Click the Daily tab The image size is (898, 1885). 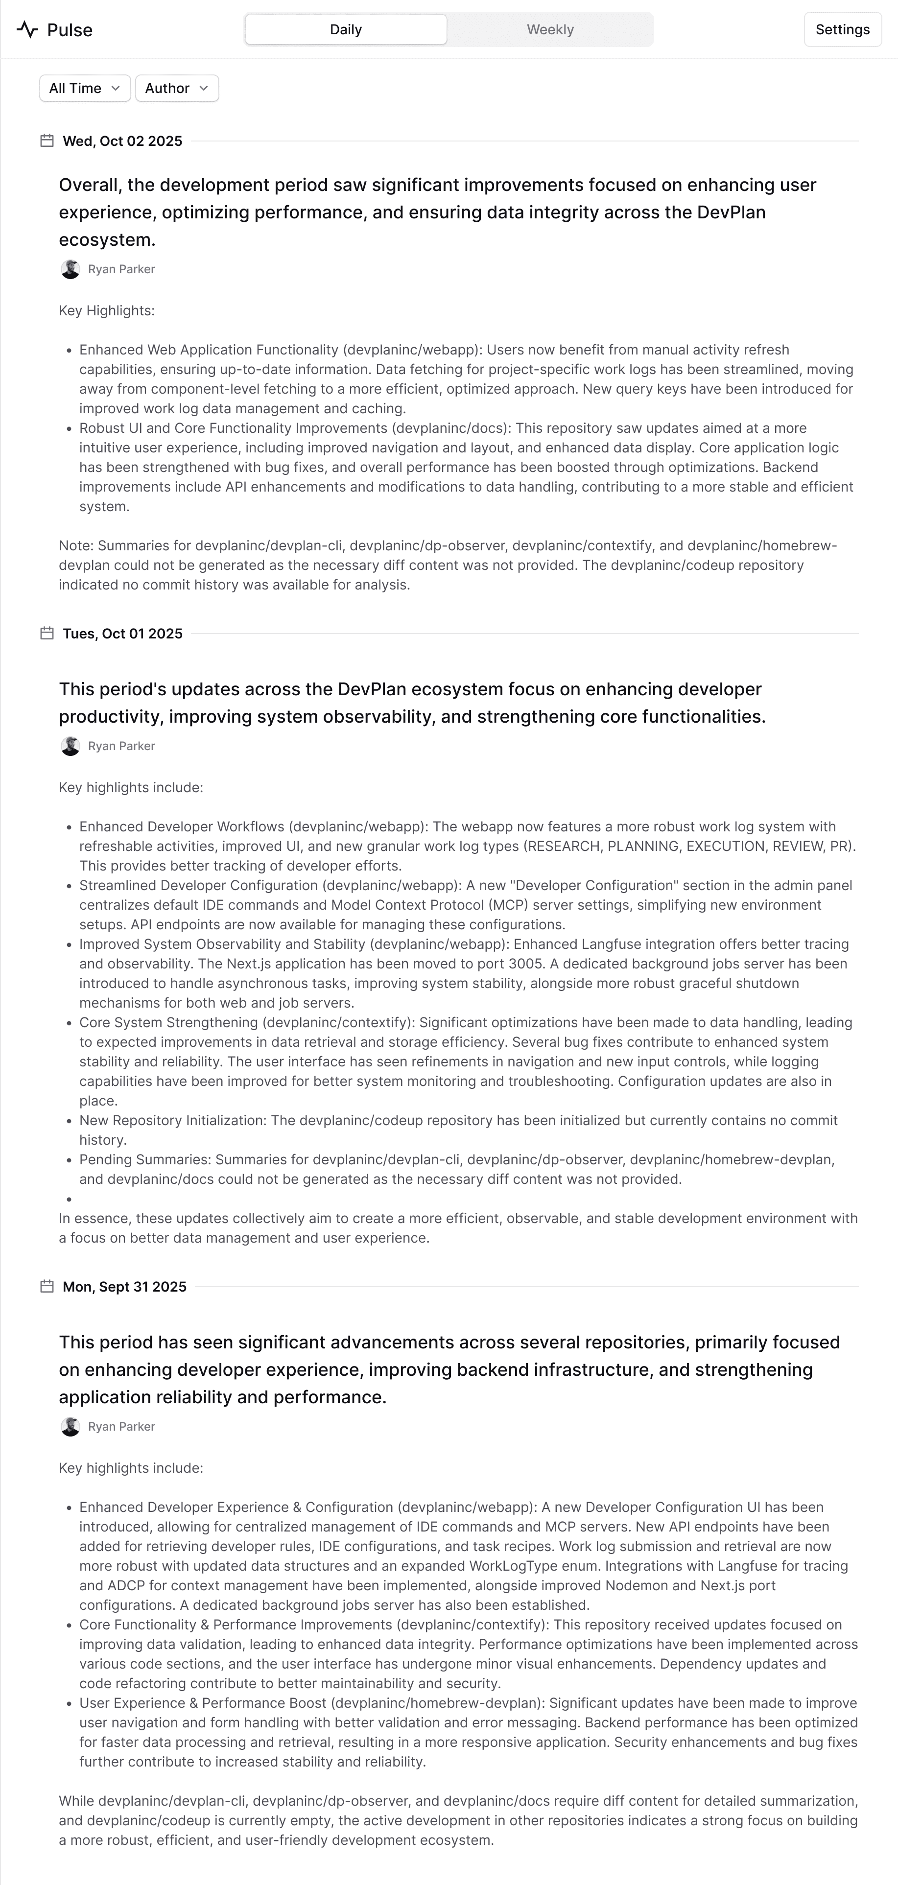coord(345,30)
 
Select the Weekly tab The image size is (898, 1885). coord(550,30)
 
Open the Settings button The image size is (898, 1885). coord(842,30)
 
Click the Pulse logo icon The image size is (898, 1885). coord(27,30)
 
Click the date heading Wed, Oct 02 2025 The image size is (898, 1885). coord(122,141)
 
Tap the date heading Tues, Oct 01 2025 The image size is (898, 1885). coord(122,634)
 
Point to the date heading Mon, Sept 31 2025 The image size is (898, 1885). coord(124,1286)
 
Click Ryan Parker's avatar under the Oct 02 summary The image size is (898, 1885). coord(70,269)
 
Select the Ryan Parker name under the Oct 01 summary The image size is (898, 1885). coord(121,746)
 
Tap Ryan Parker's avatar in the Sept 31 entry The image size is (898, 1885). coord(70,1426)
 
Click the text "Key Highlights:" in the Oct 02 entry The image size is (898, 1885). coord(107,311)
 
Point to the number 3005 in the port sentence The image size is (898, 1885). coord(525,964)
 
